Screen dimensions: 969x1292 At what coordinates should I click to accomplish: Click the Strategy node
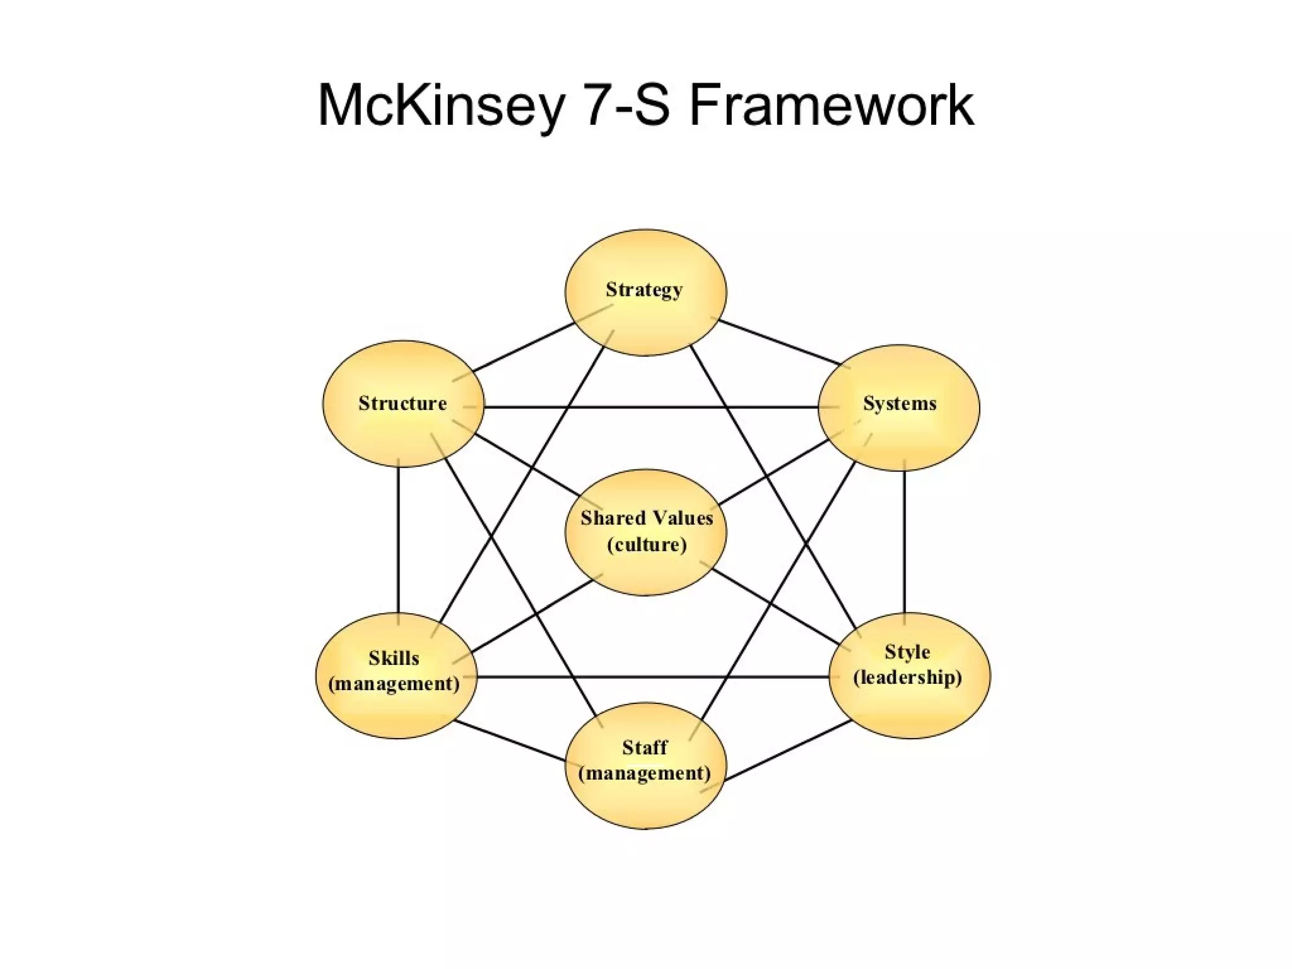645,292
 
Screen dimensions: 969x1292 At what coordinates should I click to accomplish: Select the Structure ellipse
403,404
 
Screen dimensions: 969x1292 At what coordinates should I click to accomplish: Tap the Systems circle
899,407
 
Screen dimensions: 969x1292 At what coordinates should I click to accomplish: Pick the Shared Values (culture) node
645,532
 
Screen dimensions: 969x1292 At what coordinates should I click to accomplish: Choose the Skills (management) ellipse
396,675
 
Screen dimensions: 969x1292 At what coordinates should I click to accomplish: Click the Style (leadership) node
909,675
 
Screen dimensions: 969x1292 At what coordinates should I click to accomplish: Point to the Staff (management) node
645,765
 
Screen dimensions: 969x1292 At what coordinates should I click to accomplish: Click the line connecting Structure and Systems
650,407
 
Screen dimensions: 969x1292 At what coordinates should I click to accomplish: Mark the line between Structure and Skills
398,539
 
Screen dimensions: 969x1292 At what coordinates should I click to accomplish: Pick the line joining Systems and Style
904,541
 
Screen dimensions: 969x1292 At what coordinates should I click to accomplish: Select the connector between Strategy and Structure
524,347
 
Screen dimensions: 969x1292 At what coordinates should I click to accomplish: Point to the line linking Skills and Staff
510,741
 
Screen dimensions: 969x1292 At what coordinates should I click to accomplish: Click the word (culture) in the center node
647,544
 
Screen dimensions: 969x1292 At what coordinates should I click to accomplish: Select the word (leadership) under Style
908,678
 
